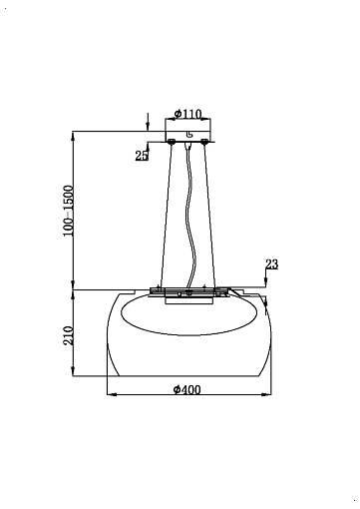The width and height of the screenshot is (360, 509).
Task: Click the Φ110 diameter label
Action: (187, 114)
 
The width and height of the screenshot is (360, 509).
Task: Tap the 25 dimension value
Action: (142, 156)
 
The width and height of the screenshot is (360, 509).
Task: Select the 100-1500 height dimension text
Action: (68, 211)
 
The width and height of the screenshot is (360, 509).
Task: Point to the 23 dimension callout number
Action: (271, 264)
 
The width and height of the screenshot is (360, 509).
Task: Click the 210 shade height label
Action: (68, 335)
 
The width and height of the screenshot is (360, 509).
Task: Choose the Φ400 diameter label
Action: (187, 389)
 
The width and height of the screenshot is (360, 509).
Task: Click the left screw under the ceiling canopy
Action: (172, 142)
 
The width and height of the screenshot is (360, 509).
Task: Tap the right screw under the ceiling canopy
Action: (204, 142)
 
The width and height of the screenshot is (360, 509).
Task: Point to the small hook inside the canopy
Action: (188, 135)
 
